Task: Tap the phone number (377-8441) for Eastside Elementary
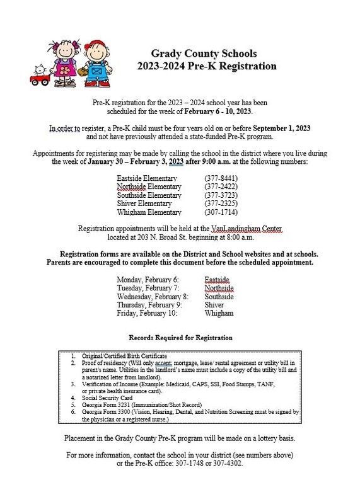point(221,178)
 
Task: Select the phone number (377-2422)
point(221,187)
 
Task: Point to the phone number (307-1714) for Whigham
point(221,212)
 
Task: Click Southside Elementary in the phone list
point(150,195)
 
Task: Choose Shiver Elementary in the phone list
point(144,203)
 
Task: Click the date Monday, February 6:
point(148,278)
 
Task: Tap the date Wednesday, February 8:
point(153,296)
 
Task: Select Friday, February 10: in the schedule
point(147,313)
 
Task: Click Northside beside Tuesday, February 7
point(219,287)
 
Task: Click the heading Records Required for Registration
point(180,338)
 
